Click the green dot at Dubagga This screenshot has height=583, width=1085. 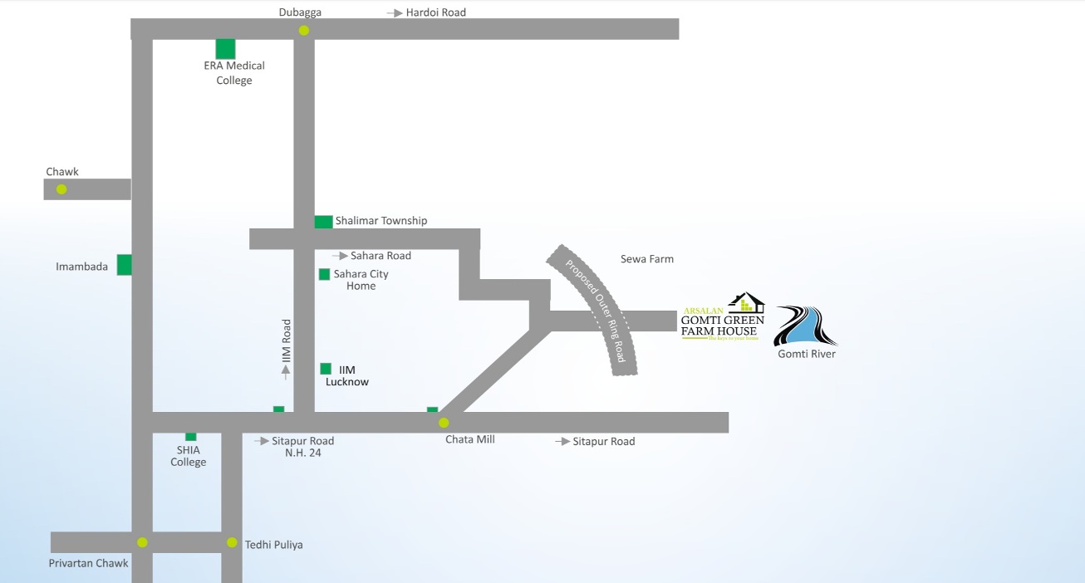pos(304,31)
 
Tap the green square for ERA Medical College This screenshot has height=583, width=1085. pos(225,49)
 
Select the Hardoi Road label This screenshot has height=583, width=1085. pos(435,12)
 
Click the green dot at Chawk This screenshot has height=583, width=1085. pos(61,189)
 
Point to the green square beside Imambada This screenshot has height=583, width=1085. pos(125,265)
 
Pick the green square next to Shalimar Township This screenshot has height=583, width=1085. pos(323,222)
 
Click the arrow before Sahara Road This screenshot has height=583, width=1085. pos(340,256)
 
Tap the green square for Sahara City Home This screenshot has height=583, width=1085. pos(324,274)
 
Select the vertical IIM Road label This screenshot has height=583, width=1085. pos(287,340)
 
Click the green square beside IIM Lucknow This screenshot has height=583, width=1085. pos(326,369)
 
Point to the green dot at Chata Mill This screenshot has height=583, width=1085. pos(444,423)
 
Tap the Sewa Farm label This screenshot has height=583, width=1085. pos(647,259)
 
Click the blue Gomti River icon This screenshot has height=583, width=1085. pos(805,326)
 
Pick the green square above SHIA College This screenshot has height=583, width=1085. pos(190,436)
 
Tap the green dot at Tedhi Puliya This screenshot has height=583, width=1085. pos(232,542)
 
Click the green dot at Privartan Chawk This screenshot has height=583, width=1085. pos(142,542)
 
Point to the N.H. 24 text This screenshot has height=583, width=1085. pos(302,453)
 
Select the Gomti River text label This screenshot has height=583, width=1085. pos(807,354)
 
